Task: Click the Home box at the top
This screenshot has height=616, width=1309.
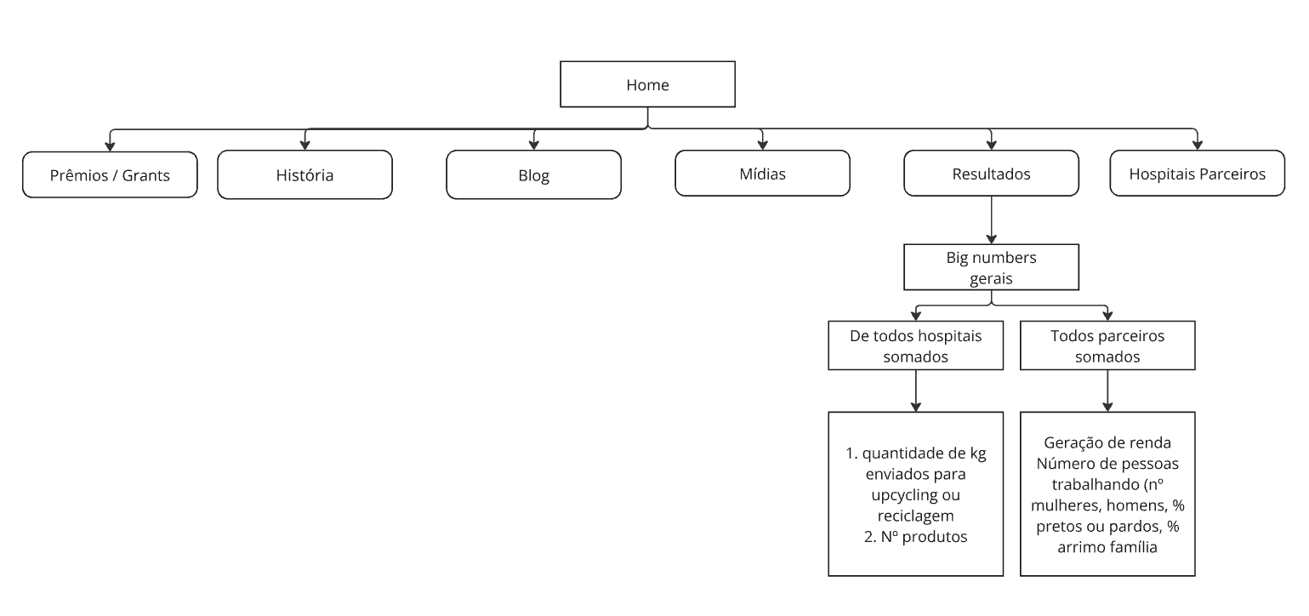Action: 647,84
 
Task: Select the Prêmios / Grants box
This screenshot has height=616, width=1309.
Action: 110,175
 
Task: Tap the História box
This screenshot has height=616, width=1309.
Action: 304,175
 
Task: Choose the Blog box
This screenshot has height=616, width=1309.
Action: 533,175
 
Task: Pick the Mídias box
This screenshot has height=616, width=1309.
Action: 762,174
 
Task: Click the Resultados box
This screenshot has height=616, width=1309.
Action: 991,174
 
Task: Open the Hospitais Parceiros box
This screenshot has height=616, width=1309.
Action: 1197,174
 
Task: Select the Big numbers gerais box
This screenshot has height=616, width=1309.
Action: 992,267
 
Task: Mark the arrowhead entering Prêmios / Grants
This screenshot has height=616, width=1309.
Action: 110,145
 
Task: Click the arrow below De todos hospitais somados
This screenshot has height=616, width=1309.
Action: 915,391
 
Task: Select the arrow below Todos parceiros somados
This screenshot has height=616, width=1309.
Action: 1107,391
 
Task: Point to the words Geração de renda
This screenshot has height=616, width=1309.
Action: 1107,443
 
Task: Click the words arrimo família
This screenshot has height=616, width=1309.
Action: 1107,547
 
